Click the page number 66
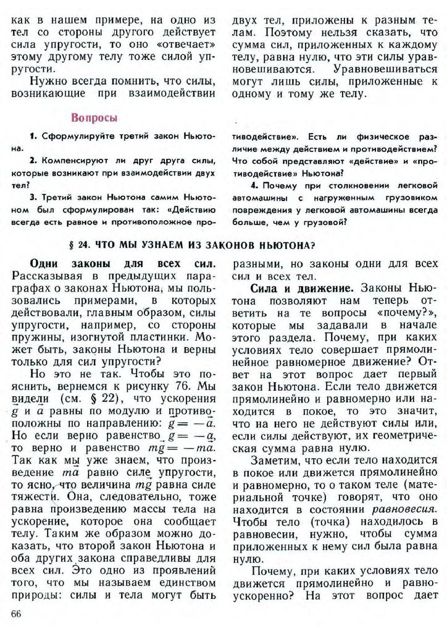(x=17, y=613)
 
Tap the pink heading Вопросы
(x=94, y=117)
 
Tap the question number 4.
(x=254, y=185)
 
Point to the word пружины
(x=36, y=339)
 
